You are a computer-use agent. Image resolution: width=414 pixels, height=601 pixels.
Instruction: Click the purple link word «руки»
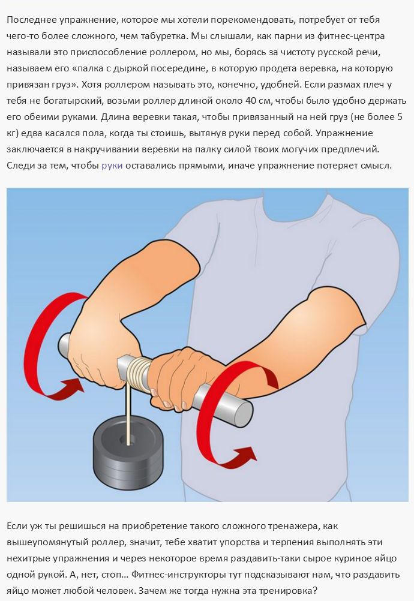112,166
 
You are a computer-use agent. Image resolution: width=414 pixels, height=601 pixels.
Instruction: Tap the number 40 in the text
251,101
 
